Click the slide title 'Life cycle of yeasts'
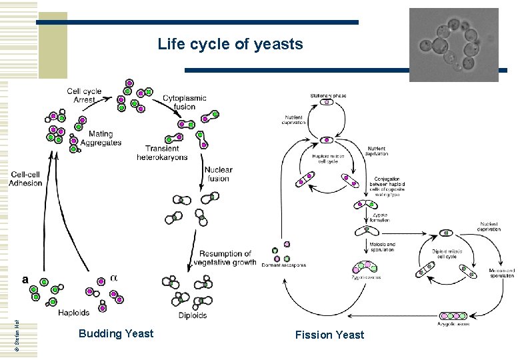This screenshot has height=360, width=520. [x=230, y=45]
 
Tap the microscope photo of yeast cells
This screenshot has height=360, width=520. [x=453, y=45]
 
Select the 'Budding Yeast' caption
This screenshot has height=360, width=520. [x=115, y=333]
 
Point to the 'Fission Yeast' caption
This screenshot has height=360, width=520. [x=329, y=335]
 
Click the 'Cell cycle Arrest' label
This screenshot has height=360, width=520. [x=84, y=95]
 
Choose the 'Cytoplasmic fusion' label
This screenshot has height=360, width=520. [x=185, y=102]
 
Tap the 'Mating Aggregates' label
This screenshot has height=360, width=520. [x=101, y=139]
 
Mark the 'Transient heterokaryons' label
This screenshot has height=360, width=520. [x=162, y=153]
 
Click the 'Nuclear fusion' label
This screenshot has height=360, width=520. [x=218, y=174]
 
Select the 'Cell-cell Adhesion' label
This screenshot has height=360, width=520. [x=26, y=179]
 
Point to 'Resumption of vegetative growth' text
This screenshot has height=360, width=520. [x=227, y=258]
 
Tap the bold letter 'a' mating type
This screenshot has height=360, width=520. [x=25, y=279]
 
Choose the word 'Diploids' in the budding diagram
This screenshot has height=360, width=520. [x=193, y=315]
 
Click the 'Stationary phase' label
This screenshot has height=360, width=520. [x=326, y=96]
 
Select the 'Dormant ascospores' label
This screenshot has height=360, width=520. [x=285, y=265]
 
